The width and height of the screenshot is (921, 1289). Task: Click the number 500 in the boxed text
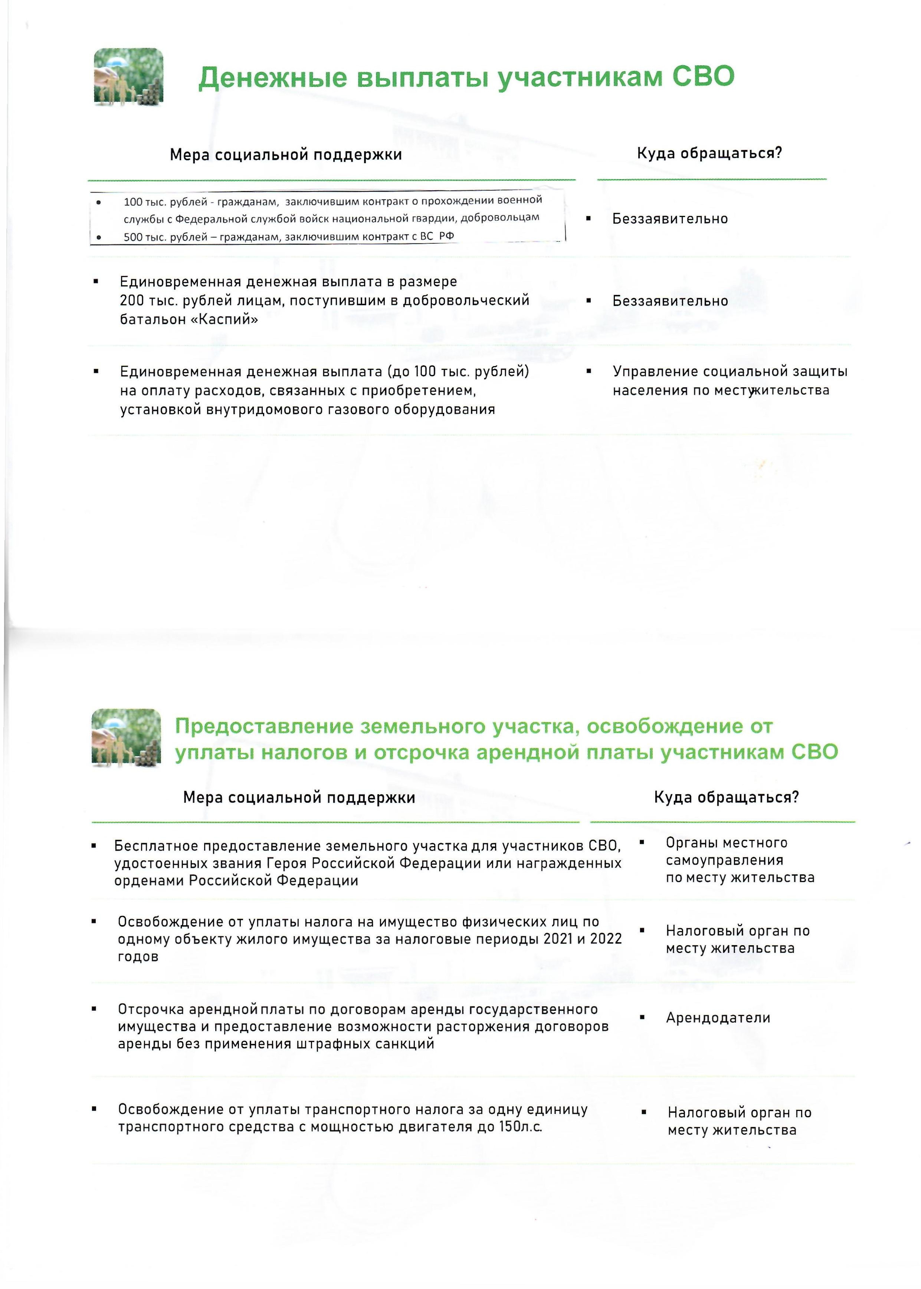pos(133,237)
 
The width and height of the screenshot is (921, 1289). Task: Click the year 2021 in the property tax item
pos(558,939)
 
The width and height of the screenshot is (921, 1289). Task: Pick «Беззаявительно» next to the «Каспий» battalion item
pos(670,300)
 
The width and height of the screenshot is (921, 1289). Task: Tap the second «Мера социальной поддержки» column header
pos(299,798)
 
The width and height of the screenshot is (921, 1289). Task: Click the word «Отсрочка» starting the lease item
pos(151,1009)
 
